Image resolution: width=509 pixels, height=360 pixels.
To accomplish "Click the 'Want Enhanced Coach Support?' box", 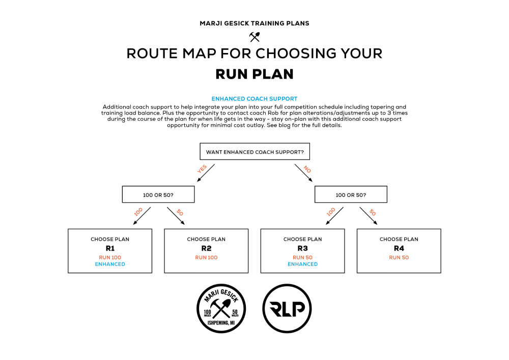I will tap(254, 152).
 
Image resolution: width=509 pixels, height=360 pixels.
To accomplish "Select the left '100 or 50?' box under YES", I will tap(158, 195).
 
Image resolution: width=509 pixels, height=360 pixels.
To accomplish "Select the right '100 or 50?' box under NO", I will tap(351, 195).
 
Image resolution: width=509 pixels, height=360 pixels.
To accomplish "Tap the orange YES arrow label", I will tap(202, 169).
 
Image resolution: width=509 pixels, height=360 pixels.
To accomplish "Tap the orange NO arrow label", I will tap(307, 169).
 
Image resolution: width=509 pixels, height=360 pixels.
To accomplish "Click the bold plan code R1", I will tap(110, 248).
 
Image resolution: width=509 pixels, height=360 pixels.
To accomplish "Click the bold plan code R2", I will tap(206, 248).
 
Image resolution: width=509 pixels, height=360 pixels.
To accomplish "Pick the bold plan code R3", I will tap(302, 248).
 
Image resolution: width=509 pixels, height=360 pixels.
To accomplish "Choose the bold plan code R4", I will tap(399, 248).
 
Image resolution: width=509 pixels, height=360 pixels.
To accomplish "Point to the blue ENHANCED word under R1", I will tap(110, 264).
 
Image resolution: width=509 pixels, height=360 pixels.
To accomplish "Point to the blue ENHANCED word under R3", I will tap(302, 264).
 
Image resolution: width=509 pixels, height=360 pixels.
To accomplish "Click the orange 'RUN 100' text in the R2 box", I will tap(206, 258).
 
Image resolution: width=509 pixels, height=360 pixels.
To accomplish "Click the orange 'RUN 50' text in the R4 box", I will tap(399, 258).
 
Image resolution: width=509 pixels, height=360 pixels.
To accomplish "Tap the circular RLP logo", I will tap(287, 309).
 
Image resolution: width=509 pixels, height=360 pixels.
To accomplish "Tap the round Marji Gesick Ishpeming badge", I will tap(221, 309).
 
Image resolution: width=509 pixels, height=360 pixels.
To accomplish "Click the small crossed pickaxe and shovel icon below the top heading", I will tap(254, 37).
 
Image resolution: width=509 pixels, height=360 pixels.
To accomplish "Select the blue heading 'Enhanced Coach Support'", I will tap(254, 99).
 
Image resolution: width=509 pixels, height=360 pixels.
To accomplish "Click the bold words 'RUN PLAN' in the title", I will tap(254, 74).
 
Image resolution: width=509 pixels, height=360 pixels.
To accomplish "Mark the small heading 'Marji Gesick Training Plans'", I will tap(254, 23).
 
